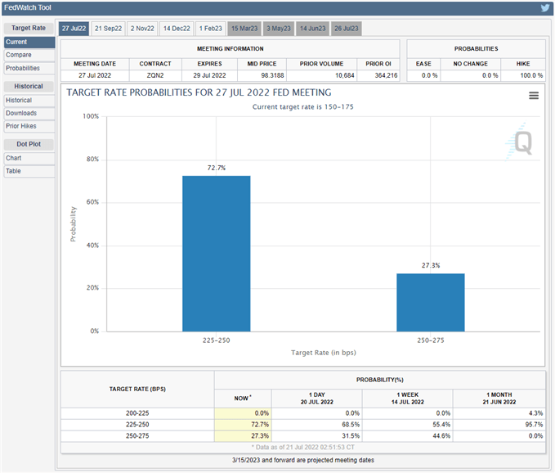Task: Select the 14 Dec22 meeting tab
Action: click(x=176, y=29)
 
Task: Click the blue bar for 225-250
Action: click(x=217, y=253)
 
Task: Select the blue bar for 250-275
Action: click(x=431, y=302)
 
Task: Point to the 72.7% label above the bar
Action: click(x=217, y=167)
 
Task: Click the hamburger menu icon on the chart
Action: click(x=533, y=96)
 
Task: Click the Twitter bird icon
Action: click(x=544, y=8)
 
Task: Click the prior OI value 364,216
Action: click(x=378, y=75)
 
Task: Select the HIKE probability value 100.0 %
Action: click(x=522, y=75)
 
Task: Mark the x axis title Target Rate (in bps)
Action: click(x=324, y=353)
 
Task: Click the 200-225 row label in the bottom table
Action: click(x=137, y=413)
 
